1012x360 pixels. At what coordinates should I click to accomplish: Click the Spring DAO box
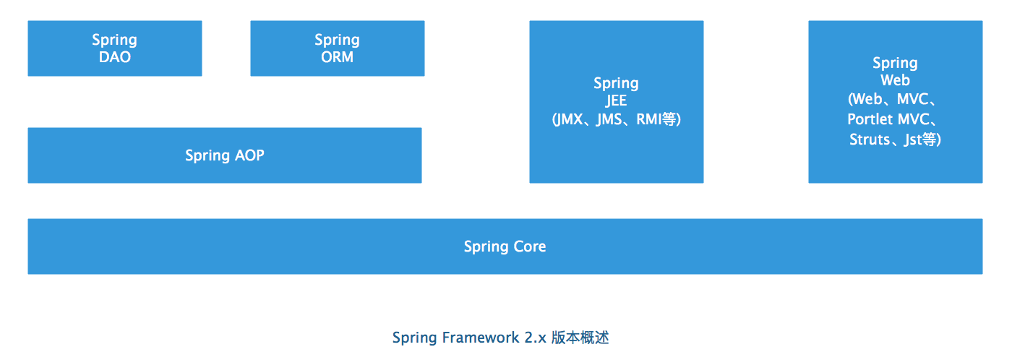point(114,48)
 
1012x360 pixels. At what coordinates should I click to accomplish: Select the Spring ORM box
point(337,48)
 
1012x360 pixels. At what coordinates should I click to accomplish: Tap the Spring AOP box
point(224,155)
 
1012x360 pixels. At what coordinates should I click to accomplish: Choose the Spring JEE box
point(616,101)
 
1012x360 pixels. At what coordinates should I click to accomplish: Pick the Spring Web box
point(895,101)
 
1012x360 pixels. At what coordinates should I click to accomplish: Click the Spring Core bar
point(505,247)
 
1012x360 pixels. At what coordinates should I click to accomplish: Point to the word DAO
point(115,57)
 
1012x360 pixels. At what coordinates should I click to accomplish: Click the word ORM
point(337,57)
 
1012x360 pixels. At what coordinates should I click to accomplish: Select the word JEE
point(616,101)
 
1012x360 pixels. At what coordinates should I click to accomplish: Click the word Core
point(529,247)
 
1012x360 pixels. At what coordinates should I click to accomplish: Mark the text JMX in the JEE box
point(571,120)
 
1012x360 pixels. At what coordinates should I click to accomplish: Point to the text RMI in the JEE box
point(649,120)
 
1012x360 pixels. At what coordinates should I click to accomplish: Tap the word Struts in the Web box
point(870,140)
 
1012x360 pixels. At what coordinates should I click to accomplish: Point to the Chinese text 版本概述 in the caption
point(580,338)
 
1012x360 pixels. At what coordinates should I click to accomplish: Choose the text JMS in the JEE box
point(609,120)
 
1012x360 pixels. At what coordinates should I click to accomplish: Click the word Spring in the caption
point(414,338)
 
